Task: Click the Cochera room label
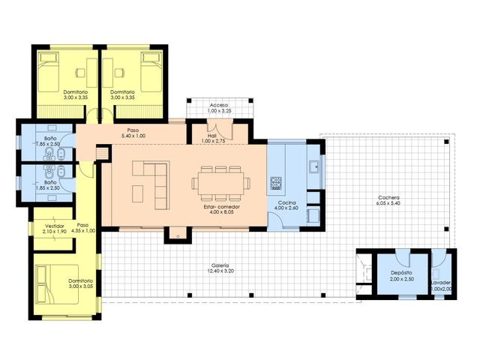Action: (388, 199)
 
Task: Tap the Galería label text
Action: (220, 266)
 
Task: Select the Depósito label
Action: (400, 271)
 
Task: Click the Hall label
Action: (212, 136)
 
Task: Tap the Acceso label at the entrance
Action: (219, 105)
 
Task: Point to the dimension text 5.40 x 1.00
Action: (132, 136)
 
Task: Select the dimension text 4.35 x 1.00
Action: (83, 231)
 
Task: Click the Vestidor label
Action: (55, 225)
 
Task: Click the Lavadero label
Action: (442, 283)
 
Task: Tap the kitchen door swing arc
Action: (286, 218)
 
